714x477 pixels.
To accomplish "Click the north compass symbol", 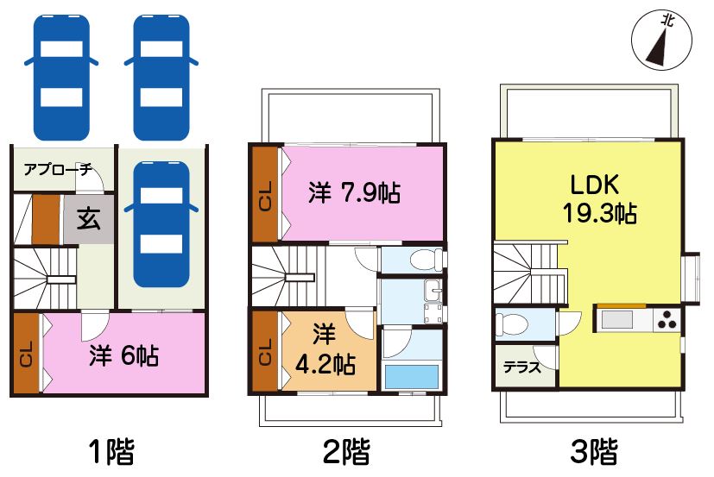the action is pos(661,40).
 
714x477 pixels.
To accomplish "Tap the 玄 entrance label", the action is pos(88,219).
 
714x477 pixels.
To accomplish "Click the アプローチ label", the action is pos(58,170).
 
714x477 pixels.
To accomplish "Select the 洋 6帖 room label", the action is pos(123,355).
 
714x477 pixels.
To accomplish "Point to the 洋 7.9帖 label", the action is pos(354,192).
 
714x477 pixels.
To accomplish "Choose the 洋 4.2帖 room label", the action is pos(325,349).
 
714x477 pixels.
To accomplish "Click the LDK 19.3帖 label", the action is pos(599,199).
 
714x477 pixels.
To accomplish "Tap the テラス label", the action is pos(522,367).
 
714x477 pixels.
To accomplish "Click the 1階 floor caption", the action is pos(111,451).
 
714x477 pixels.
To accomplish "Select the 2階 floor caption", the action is pos(346,451).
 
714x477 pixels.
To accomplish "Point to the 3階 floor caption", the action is pos(594,451).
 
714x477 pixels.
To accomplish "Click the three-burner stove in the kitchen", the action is pos(667,319).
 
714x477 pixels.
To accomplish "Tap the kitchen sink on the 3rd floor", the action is pos(617,319).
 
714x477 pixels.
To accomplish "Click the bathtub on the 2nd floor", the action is pos(412,377).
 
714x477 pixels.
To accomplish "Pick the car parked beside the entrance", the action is pos(161,224).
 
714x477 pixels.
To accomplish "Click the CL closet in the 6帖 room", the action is pos(26,353).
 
